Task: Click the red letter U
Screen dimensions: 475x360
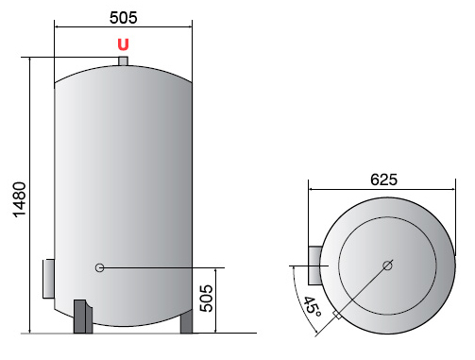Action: (123, 44)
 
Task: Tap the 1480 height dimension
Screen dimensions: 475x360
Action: (20, 199)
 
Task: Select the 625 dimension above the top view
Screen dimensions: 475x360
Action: (383, 180)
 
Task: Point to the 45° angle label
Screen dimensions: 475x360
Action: (313, 306)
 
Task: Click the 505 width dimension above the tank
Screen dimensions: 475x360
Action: (124, 18)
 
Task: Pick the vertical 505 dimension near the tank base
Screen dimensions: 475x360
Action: (207, 299)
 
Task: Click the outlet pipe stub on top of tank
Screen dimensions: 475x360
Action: (123, 61)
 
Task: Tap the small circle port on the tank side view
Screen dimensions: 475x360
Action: (99, 267)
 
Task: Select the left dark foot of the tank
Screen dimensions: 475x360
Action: (83, 317)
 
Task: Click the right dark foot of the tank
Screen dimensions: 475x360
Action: (186, 321)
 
